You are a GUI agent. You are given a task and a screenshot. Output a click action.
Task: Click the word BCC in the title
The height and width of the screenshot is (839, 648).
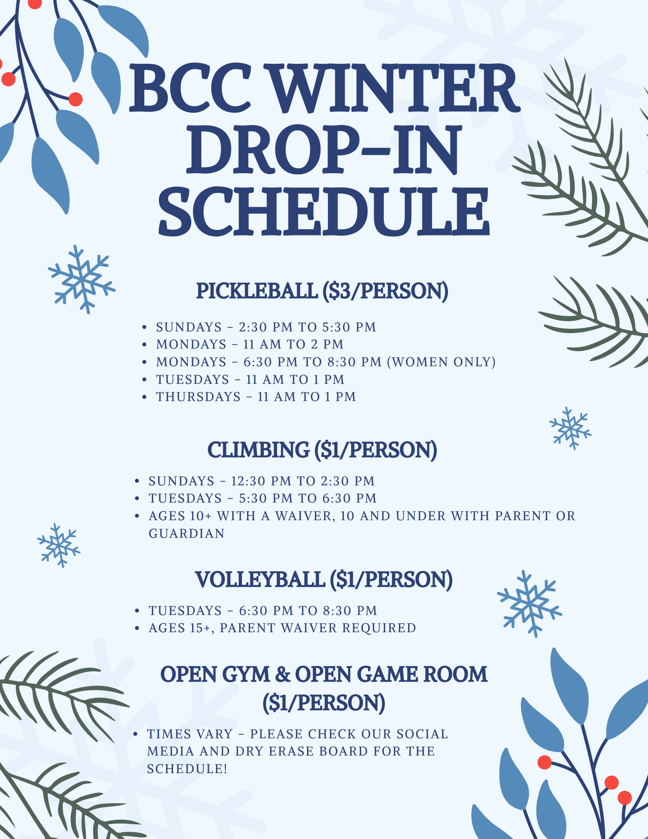(191, 88)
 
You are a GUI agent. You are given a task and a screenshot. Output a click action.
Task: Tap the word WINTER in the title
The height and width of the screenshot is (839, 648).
(392, 88)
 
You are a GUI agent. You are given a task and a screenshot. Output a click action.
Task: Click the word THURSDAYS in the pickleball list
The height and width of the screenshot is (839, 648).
(198, 396)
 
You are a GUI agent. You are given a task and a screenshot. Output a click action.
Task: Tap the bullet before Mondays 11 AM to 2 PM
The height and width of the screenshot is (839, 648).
(144, 344)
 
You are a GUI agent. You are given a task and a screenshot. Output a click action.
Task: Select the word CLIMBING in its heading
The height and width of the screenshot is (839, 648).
(258, 450)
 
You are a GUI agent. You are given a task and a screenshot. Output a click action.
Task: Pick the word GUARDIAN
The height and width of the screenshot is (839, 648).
(187, 533)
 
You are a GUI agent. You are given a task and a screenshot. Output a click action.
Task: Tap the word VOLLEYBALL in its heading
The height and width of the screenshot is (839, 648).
(260, 579)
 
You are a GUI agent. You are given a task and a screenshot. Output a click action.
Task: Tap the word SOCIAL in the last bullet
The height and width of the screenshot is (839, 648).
(422, 734)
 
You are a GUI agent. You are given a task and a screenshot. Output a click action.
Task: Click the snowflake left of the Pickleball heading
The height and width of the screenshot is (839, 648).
(82, 279)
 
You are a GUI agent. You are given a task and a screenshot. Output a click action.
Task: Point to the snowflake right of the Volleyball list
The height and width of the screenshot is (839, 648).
(529, 603)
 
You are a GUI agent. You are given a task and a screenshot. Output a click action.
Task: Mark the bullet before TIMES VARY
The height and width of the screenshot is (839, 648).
(135, 734)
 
